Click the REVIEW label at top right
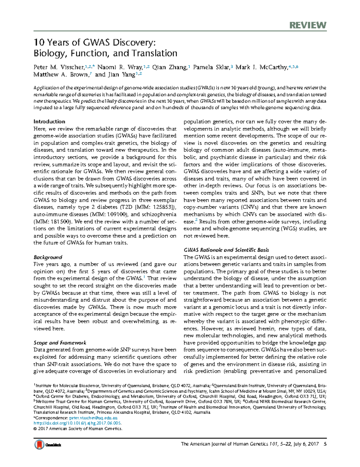(x=308, y=25)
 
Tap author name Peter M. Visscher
(x=58, y=67)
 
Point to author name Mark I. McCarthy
(x=261, y=67)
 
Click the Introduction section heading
(x=49, y=121)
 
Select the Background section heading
(x=48, y=257)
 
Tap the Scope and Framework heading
(x=60, y=343)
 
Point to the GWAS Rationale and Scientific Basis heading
(x=226, y=250)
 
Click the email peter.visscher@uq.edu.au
(x=93, y=418)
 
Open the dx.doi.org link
(x=77, y=423)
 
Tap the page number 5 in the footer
(x=325, y=444)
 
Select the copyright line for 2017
(x=78, y=429)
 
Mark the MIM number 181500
(x=61, y=222)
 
